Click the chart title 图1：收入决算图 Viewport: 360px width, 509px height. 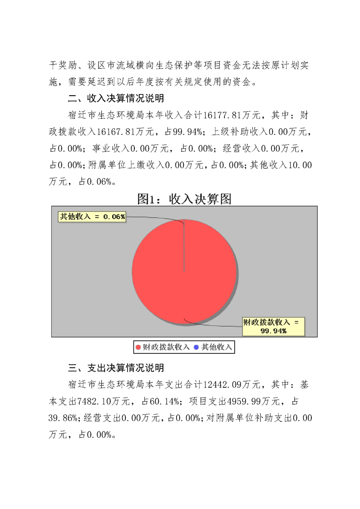(184, 199)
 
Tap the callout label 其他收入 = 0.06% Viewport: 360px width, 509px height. (92, 217)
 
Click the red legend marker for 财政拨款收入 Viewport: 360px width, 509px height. (138, 347)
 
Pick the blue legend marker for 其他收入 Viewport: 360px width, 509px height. (196, 347)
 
